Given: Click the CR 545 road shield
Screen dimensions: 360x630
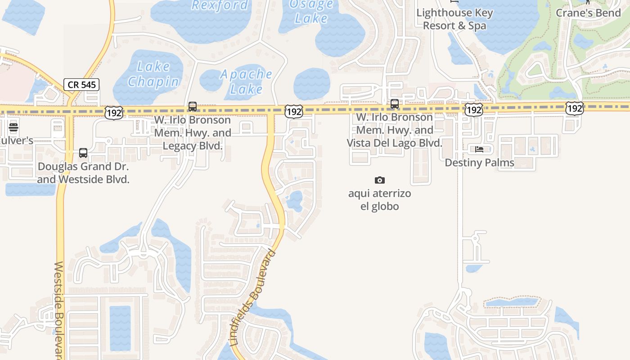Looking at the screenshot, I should click(x=81, y=84).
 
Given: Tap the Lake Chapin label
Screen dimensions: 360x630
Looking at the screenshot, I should click(x=153, y=75).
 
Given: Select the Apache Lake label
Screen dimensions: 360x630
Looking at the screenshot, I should click(x=246, y=81).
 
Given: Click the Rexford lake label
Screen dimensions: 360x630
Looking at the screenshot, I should click(x=220, y=5).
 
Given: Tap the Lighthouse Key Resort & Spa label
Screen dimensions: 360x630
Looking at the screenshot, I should click(x=454, y=19).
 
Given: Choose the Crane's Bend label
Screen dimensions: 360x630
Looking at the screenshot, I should click(x=588, y=13).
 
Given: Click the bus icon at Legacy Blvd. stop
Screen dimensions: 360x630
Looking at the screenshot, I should click(x=193, y=107).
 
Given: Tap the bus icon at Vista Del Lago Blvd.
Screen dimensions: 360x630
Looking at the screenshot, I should click(x=395, y=104).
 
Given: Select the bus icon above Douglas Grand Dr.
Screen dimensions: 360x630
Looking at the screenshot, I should click(x=83, y=153).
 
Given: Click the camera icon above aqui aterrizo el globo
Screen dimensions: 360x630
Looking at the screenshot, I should click(x=380, y=180).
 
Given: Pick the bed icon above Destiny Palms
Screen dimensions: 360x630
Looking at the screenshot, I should click(x=479, y=149).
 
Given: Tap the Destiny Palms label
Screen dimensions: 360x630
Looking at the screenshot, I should click(x=479, y=162).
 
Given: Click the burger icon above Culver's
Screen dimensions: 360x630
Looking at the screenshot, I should click(x=13, y=127).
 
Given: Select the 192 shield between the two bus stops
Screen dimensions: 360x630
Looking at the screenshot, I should click(x=293, y=111).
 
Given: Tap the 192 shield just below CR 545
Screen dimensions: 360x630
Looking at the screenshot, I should click(x=113, y=112).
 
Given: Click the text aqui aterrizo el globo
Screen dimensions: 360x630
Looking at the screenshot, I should click(x=380, y=200).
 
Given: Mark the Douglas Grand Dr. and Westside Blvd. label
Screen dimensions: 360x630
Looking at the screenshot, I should click(x=83, y=173).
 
